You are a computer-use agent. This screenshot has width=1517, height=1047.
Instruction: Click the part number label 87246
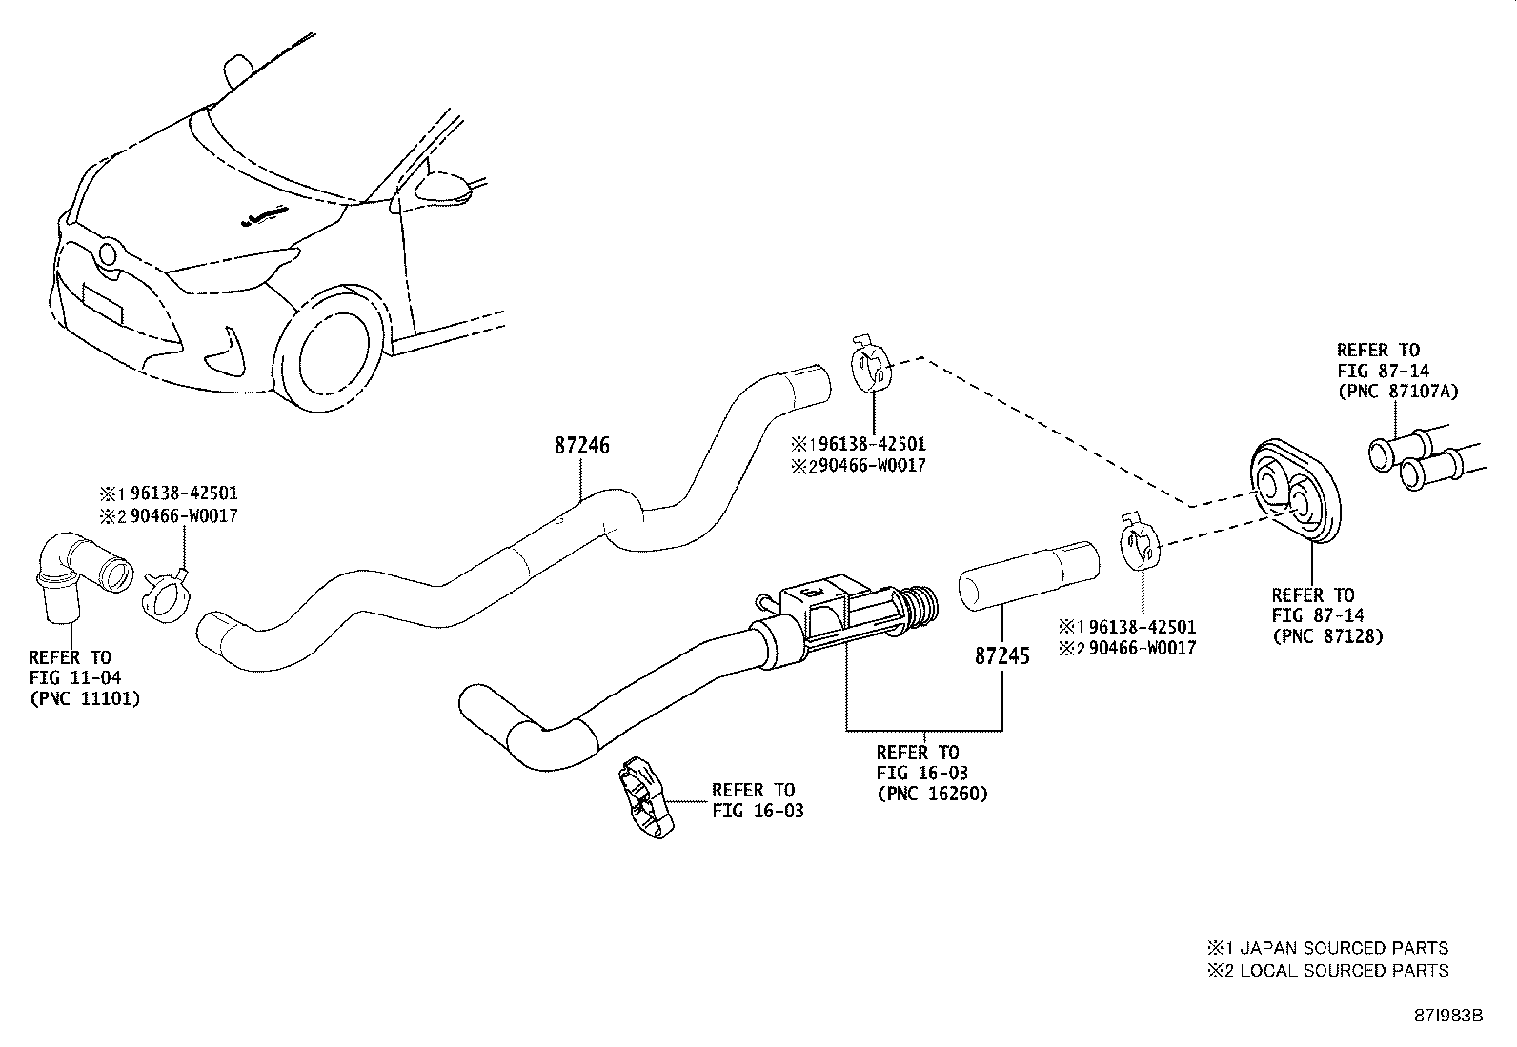point(581,446)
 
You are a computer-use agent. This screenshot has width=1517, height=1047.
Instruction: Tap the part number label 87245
point(1001,656)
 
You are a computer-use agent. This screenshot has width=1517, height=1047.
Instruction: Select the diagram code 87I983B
point(1447,1015)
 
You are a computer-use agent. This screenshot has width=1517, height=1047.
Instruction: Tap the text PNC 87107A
point(1398,391)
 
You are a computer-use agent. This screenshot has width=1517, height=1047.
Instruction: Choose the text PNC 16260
point(932,793)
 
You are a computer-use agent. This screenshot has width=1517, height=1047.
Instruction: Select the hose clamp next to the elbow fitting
point(169,596)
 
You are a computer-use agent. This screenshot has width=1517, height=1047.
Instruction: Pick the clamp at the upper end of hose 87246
point(869,367)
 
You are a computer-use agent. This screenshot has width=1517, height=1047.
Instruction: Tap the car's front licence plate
point(102,305)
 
